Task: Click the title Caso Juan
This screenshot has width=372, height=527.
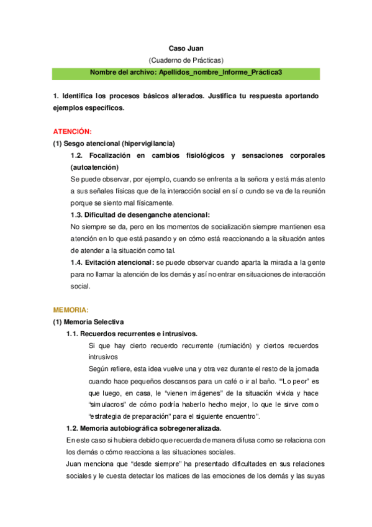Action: (186, 48)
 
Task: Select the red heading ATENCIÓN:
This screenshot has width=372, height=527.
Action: (72, 132)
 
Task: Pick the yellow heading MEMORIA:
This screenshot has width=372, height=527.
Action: (71, 309)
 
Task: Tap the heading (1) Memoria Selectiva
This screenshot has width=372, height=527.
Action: (88, 321)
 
